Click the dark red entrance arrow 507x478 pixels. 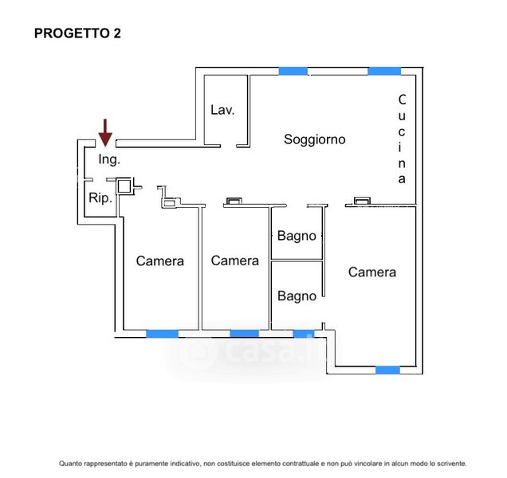pyautogui.click(x=105, y=131)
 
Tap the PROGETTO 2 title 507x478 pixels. pyautogui.click(x=77, y=33)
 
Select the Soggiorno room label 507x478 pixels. pyautogui.click(x=315, y=139)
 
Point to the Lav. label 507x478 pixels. pyautogui.click(x=222, y=110)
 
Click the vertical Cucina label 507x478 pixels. pyautogui.click(x=402, y=139)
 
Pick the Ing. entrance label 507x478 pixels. pyautogui.click(x=109, y=159)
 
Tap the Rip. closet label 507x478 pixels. pyautogui.click(x=100, y=198)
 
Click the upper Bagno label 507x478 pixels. pyautogui.click(x=297, y=236)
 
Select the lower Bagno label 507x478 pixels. pyautogui.click(x=297, y=296)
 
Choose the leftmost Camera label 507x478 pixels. pyautogui.click(x=160, y=261)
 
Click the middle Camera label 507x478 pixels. pyautogui.click(x=234, y=261)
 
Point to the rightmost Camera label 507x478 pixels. pyautogui.click(x=372, y=272)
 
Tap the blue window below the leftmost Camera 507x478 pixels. pyautogui.click(x=162, y=333)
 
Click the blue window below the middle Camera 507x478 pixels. pyautogui.click(x=244, y=333)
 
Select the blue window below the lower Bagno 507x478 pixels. pyautogui.click(x=304, y=333)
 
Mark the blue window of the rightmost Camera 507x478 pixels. pyautogui.click(x=387, y=370)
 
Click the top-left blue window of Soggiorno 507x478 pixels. pyautogui.click(x=293, y=71)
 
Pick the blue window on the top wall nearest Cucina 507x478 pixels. pyautogui.click(x=383, y=71)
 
